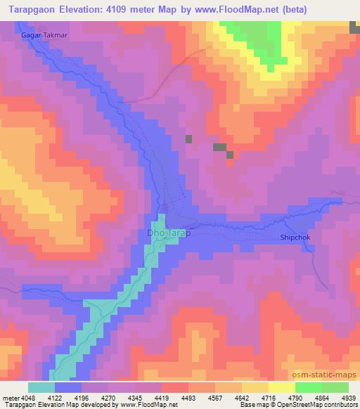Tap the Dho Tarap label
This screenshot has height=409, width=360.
coord(168,233)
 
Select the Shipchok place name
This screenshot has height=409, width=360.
coord(295,238)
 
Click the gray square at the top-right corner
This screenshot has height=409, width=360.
coord(354,26)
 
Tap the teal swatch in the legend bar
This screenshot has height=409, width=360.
coord(41,387)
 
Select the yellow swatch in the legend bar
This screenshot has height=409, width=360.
coord(281,387)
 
